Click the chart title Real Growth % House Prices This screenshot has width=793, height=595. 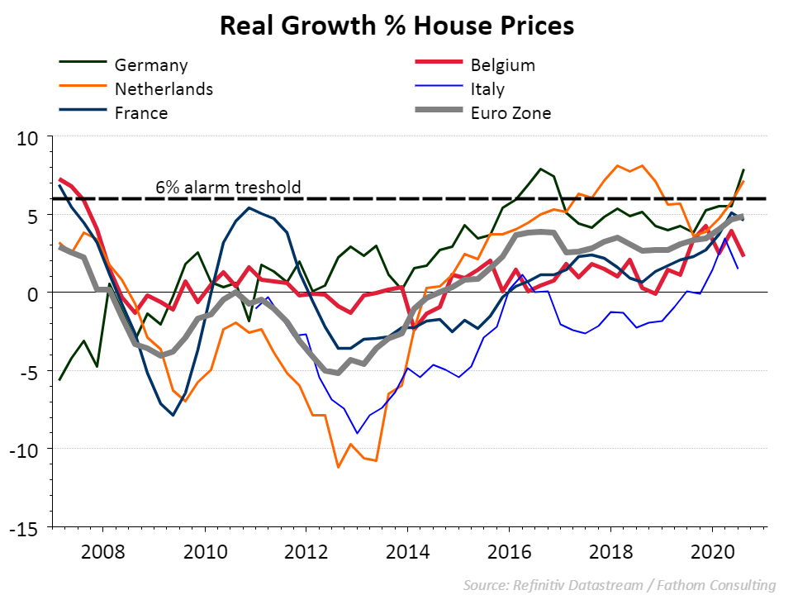tap(396, 26)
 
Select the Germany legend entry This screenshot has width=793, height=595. tap(151, 64)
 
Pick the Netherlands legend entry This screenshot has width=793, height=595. tap(164, 88)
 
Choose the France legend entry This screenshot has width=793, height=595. tap(141, 112)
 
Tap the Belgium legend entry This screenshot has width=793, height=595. tap(503, 64)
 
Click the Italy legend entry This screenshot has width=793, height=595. tap(487, 88)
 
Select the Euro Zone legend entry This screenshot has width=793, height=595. tap(510, 112)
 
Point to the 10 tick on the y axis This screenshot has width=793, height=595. tap(31, 136)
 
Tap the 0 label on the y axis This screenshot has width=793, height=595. tap(36, 293)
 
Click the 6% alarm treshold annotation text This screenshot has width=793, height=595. tap(228, 188)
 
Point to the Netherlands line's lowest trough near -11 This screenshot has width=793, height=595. tap(338, 467)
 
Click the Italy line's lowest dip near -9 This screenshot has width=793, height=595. tap(357, 433)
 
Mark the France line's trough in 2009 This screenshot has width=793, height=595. tap(173, 415)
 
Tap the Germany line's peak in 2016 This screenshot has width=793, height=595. tap(540, 169)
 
